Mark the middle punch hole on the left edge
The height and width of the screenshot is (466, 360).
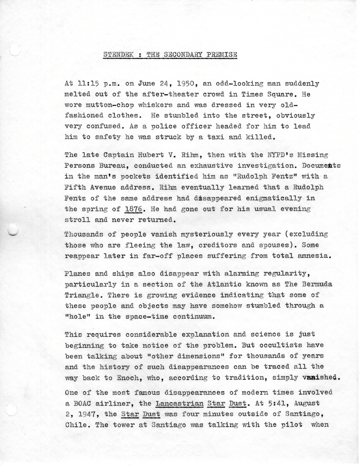tap(13, 229)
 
